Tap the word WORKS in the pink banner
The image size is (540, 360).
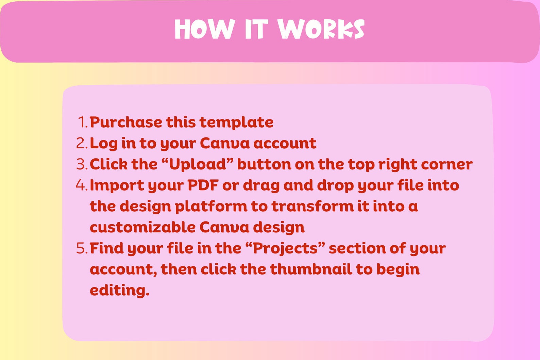tap(321, 29)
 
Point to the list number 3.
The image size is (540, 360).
tap(82, 164)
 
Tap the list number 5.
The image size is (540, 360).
tap(82, 248)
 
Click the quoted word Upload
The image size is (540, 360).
tap(198, 164)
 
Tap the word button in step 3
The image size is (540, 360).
tap(264, 164)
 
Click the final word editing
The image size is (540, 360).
tap(119, 290)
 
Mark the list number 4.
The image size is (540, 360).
tap(82, 185)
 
